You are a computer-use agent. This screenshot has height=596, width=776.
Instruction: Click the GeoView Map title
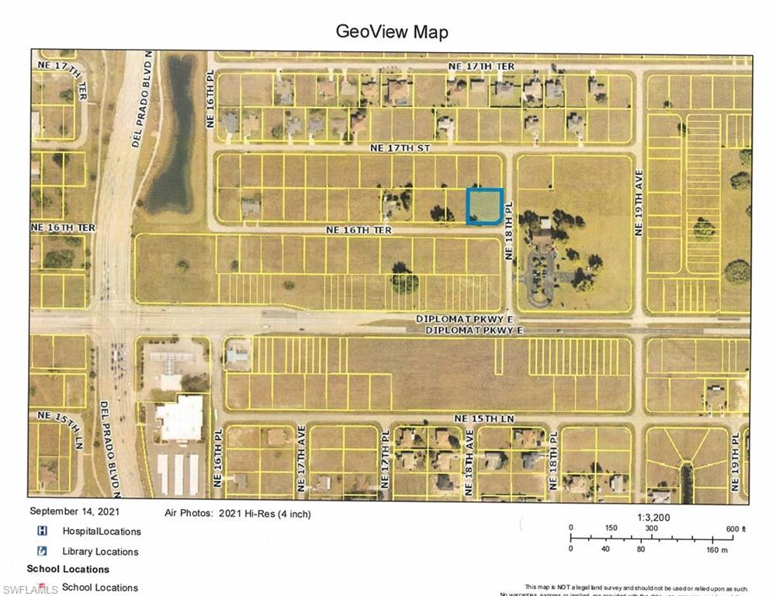[391, 32]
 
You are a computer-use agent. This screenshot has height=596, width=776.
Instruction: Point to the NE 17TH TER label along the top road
[481, 67]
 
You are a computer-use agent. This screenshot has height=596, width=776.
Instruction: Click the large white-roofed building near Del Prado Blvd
[180, 419]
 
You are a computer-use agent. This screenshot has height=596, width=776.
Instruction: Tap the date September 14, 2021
[74, 511]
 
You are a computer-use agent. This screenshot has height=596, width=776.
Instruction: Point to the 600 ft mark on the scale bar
[733, 528]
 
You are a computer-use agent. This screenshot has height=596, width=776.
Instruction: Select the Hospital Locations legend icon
[43, 531]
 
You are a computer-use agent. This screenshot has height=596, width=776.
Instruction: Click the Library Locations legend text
[100, 552]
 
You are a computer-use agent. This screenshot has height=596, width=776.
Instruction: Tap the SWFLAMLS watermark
[29, 589]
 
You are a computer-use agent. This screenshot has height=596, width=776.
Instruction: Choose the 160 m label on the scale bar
[715, 549]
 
